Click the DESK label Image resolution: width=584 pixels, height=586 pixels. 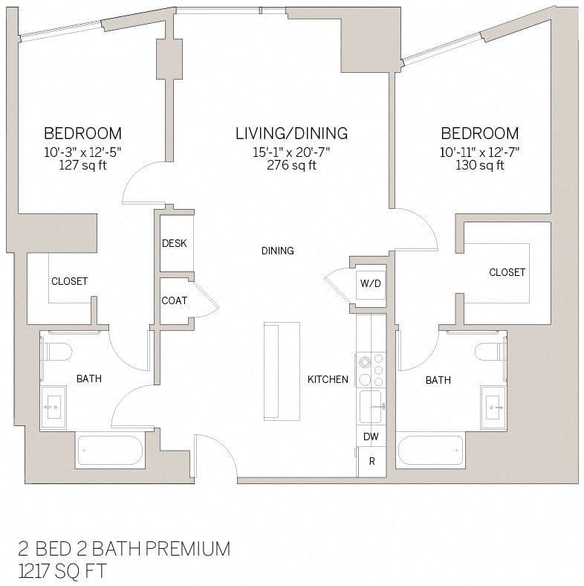(x=175, y=243)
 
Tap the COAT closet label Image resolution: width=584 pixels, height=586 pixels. (x=175, y=300)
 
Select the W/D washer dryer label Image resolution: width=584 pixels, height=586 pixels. (x=370, y=283)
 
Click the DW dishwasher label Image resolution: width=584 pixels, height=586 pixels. (x=370, y=437)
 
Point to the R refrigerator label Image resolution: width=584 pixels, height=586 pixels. (x=372, y=462)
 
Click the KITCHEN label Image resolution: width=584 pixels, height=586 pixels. (x=328, y=379)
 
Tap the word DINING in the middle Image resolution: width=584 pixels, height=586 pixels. (x=277, y=251)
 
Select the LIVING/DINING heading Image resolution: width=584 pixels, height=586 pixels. (x=291, y=134)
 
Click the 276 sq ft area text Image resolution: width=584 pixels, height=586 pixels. (x=291, y=165)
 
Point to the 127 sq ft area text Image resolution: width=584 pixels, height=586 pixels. (x=82, y=165)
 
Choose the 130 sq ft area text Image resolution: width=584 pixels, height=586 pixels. (x=479, y=165)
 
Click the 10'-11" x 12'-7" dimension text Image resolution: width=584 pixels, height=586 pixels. (x=479, y=152)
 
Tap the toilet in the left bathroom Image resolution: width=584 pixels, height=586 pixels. (x=56, y=351)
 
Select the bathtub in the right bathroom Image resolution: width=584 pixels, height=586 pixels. (x=430, y=451)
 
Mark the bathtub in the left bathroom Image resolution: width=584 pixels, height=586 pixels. (x=110, y=451)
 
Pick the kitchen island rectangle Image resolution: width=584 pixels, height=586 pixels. (x=282, y=370)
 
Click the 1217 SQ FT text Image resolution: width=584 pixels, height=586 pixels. (x=62, y=571)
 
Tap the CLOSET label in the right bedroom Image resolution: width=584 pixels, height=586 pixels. (x=507, y=272)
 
